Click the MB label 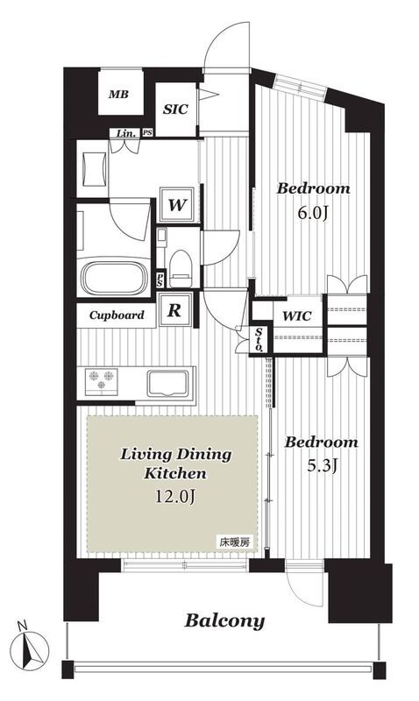pos(118,95)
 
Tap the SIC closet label pos(175,109)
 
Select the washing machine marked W pos(177,205)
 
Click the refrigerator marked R pos(174,310)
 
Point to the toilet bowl pos(181,268)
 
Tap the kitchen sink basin pos(167,384)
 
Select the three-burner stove pos(101,381)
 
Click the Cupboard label pos(117,315)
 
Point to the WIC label pos(297,316)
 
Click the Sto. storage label pos(259,339)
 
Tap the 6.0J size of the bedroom pos(313,214)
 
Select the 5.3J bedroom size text pos(321,466)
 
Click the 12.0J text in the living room pos(175,496)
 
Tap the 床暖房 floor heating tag pos(233,542)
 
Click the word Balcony pos(225,621)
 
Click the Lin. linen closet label pos(125,133)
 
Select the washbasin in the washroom pos(95,169)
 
